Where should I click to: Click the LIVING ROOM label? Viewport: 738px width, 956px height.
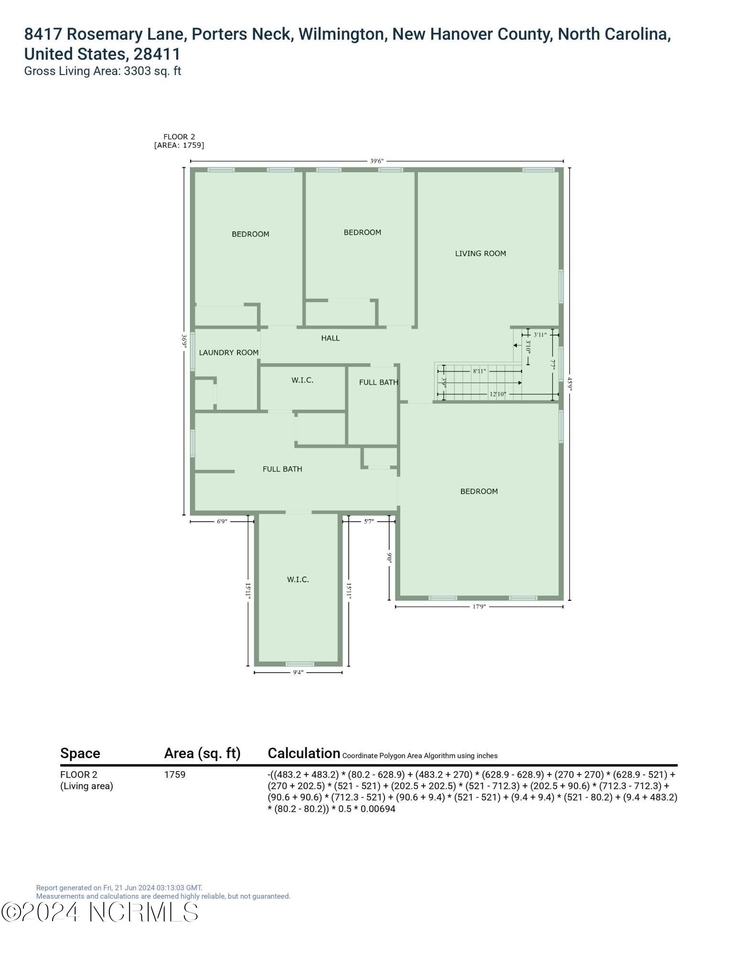click(480, 253)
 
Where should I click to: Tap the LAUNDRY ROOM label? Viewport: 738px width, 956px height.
click(228, 352)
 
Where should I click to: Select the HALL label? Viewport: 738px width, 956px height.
click(330, 338)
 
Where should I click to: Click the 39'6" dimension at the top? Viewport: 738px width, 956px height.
click(376, 161)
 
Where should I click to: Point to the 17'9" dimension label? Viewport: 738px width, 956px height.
click(479, 607)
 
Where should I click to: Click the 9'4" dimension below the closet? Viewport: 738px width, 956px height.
click(298, 673)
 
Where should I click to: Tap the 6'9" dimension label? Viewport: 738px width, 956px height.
click(222, 521)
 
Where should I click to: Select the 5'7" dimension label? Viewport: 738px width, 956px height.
click(368, 521)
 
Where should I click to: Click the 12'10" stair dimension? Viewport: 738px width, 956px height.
click(497, 394)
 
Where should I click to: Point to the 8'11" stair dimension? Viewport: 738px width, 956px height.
click(479, 371)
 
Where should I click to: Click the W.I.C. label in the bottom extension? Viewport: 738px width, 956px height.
click(298, 579)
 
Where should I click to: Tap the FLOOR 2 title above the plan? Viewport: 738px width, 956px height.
click(179, 137)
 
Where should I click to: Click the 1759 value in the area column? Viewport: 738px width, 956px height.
click(175, 774)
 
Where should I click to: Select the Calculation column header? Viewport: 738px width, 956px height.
click(304, 753)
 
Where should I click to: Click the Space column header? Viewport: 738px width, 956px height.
click(80, 753)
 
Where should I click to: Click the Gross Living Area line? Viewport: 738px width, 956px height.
click(102, 71)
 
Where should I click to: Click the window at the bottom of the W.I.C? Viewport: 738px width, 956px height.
click(300, 664)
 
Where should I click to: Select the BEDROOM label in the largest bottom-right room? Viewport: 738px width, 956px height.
click(479, 491)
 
